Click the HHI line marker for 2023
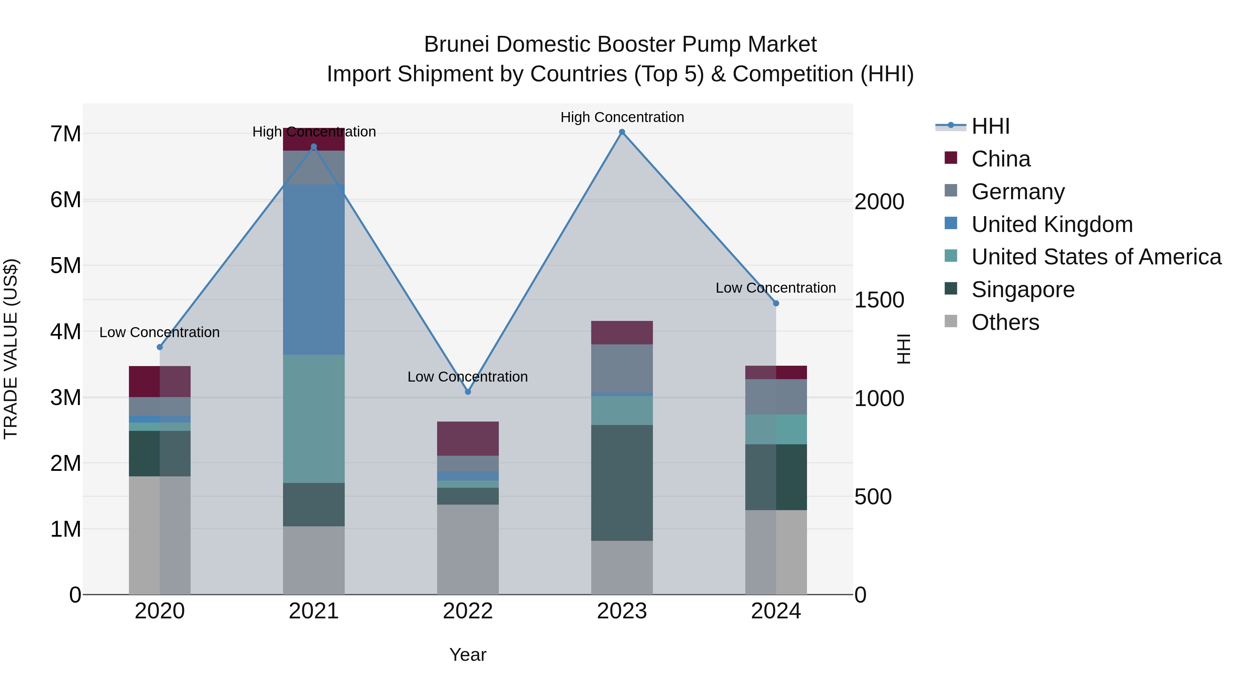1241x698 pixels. coord(622,132)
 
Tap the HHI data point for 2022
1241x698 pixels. coord(467,392)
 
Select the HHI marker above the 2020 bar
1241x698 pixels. coord(160,347)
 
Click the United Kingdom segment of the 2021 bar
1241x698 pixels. coord(314,270)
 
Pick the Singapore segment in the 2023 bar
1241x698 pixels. coord(622,482)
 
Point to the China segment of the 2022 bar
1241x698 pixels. coord(467,438)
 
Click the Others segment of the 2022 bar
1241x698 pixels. coord(467,549)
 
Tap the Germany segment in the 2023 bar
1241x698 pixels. coord(622,368)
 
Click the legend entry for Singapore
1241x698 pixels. coord(1023,290)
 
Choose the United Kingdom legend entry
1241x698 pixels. coord(1052,224)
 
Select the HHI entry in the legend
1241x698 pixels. coord(990,126)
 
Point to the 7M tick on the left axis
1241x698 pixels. coord(65,134)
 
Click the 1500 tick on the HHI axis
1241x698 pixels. coord(879,300)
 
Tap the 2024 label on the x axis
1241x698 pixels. coord(776,611)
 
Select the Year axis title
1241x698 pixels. coord(467,655)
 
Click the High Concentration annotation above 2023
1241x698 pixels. coord(622,117)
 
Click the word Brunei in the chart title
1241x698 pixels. coord(457,44)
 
